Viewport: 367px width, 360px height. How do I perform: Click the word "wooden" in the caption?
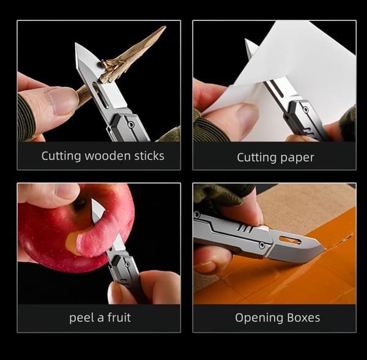[x=107, y=156]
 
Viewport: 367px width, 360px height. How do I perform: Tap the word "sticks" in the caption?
[x=149, y=156]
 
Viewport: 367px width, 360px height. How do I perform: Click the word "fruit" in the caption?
[x=119, y=318]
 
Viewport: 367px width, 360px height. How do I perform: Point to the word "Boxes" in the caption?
[x=303, y=318]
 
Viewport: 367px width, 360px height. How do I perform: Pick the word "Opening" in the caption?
[x=259, y=318]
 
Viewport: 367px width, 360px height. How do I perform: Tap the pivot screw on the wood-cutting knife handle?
[x=132, y=124]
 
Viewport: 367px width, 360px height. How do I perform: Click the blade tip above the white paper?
[x=246, y=40]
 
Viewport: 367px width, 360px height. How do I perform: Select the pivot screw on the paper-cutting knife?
[x=305, y=110]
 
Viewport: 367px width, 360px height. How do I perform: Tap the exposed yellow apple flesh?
[x=72, y=243]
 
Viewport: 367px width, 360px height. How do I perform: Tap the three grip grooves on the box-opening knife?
[x=243, y=228]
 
